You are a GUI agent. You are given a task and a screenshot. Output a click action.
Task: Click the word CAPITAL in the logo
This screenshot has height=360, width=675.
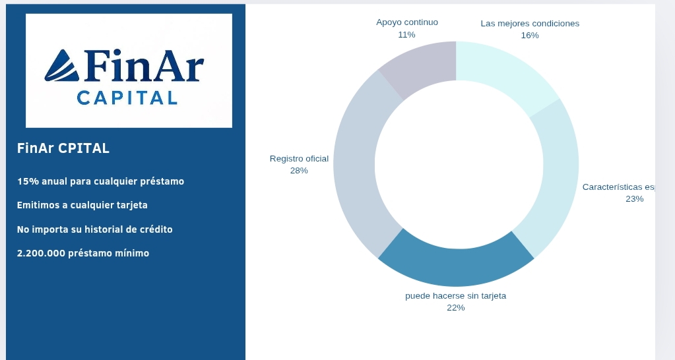[x=127, y=98]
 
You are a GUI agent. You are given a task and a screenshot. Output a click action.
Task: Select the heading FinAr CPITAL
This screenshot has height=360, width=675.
[x=63, y=148]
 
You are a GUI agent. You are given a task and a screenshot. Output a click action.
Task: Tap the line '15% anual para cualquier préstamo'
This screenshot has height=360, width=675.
[x=100, y=181]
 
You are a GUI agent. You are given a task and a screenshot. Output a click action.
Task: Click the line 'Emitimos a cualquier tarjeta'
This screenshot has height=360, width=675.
[x=82, y=205]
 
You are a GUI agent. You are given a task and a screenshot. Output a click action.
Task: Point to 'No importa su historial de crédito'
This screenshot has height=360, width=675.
[x=94, y=229]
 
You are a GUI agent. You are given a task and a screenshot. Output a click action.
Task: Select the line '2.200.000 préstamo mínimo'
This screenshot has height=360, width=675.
[x=83, y=253]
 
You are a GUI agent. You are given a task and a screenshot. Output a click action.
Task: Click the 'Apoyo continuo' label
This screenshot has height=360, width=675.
[x=407, y=22]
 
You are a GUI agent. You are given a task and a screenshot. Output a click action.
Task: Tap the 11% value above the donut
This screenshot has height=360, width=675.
[x=406, y=34]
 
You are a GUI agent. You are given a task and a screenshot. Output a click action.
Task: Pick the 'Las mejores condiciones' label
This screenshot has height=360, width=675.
[x=530, y=24]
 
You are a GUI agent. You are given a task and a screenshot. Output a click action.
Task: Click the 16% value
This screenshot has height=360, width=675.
[x=530, y=36]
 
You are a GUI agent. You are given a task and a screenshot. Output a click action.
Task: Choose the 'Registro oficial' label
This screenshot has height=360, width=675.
[x=299, y=159]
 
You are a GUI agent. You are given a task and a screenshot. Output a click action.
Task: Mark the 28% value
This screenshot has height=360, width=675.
[x=299, y=171]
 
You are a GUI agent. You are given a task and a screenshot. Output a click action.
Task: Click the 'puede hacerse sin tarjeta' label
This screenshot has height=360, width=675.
[x=455, y=296]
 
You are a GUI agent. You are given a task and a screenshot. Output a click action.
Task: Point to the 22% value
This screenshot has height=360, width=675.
[x=455, y=308]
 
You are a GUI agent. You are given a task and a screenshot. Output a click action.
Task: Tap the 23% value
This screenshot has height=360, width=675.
[x=634, y=199]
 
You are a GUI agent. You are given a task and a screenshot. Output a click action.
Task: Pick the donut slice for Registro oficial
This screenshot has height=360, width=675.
[x=355, y=165]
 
